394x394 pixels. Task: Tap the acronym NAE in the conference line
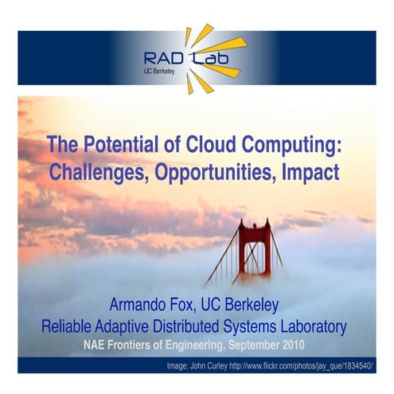(97, 344)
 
